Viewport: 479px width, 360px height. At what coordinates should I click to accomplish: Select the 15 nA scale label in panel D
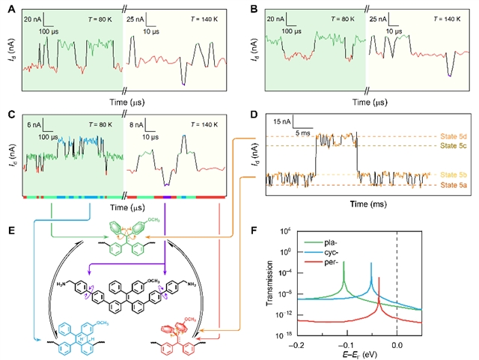click(x=281, y=120)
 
